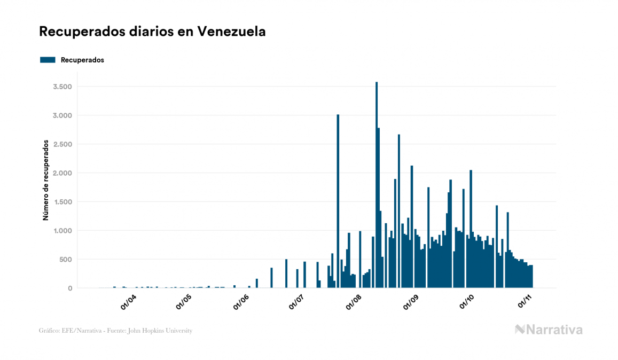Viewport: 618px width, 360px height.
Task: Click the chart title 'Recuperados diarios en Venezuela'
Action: pyautogui.click(x=152, y=32)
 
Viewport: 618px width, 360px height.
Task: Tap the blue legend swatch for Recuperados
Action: pyautogui.click(x=48, y=60)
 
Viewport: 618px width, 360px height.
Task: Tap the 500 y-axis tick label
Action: pyautogui.click(x=66, y=260)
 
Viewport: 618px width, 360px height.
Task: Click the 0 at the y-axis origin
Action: pyautogui.click(x=70, y=288)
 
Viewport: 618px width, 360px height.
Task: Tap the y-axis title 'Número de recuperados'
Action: pyautogui.click(x=46, y=181)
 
